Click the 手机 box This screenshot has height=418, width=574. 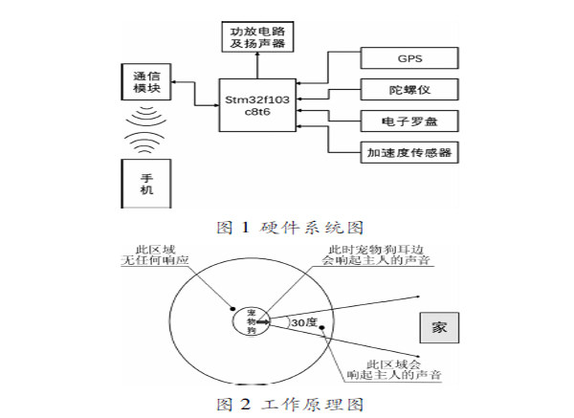click(x=145, y=185)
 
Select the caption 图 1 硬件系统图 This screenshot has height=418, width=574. click(x=287, y=226)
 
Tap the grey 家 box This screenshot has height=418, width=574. click(x=439, y=327)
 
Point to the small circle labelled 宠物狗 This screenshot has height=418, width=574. click(x=252, y=320)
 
